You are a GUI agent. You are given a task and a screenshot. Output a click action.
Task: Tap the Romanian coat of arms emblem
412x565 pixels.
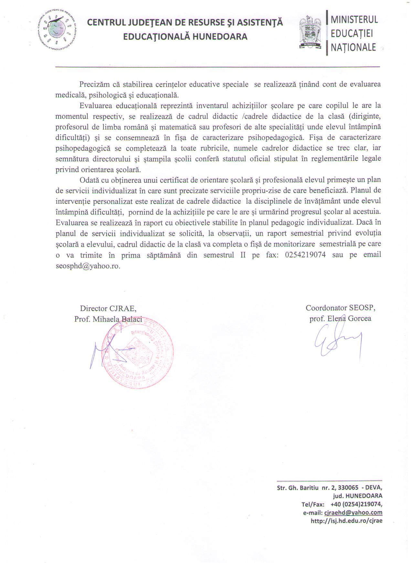click(311, 33)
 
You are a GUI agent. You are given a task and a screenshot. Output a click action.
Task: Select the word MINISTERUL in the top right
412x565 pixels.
click(354, 19)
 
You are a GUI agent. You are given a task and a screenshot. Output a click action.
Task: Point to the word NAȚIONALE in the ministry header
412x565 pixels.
click(354, 47)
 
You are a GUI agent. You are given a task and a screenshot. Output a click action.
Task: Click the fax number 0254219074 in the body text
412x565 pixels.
click(305, 255)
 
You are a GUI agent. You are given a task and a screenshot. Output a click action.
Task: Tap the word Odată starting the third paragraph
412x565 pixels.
click(90, 180)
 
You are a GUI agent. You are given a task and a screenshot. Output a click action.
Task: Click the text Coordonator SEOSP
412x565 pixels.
click(341, 308)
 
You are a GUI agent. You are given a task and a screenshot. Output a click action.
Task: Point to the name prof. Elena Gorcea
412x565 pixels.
click(340, 319)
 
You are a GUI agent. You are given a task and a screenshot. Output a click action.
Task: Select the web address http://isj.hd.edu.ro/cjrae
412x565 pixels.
click(346, 521)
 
